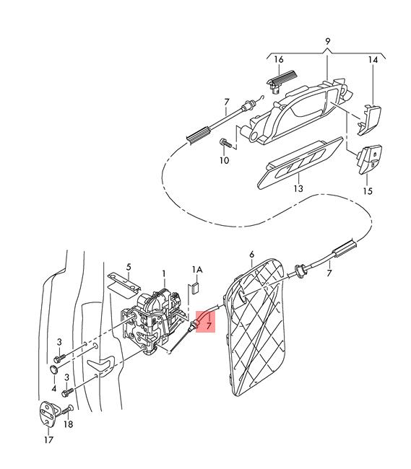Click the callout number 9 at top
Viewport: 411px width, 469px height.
click(327, 41)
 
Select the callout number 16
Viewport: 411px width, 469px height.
click(278, 59)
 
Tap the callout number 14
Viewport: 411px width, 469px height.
click(373, 60)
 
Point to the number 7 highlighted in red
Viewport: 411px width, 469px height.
click(209, 325)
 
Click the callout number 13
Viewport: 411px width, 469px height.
click(298, 188)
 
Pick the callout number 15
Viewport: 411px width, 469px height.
click(368, 190)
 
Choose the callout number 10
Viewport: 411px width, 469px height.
click(224, 160)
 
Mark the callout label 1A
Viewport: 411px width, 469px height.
click(197, 270)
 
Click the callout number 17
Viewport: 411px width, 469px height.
click(48, 439)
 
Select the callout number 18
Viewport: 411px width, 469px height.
click(68, 424)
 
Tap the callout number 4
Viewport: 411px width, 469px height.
click(54, 388)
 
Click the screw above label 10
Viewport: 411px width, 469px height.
click(226, 144)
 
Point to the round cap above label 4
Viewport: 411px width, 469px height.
click(54, 369)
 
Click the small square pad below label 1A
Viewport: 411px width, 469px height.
click(195, 288)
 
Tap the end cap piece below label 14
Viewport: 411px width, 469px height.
click(370, 119)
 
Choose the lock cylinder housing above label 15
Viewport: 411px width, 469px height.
click(370, 159)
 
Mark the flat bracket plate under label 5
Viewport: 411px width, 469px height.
click(124, 284)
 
